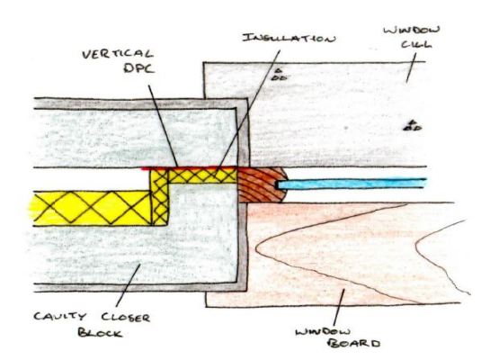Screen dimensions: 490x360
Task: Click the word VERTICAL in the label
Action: pos(118,54)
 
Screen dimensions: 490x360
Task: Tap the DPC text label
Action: pos(139,68)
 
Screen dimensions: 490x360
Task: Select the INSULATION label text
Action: pos(290,38)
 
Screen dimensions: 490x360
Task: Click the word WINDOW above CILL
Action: pos(412,31)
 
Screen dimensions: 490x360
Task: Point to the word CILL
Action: pos(416,45)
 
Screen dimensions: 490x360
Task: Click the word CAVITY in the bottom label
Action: pos(59,316)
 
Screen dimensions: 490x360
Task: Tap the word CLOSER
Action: pos(126,318)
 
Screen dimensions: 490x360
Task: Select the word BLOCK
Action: pos(100,332)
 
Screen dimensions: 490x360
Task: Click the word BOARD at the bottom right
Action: pos(354,344)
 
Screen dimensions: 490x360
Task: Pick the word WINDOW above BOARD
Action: pos(323,331)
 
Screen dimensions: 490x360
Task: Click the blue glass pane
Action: pos(352,184)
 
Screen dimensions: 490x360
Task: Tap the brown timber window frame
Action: pos(260,184)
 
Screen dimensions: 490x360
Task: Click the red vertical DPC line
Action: pos(190,168)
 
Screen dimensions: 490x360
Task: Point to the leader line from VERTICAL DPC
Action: pos(163,126)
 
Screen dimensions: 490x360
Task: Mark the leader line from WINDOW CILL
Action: pos(411,67)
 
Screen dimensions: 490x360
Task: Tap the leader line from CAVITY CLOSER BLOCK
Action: pos(128,285)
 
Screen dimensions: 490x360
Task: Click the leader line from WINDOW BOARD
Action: pos(339,308)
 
